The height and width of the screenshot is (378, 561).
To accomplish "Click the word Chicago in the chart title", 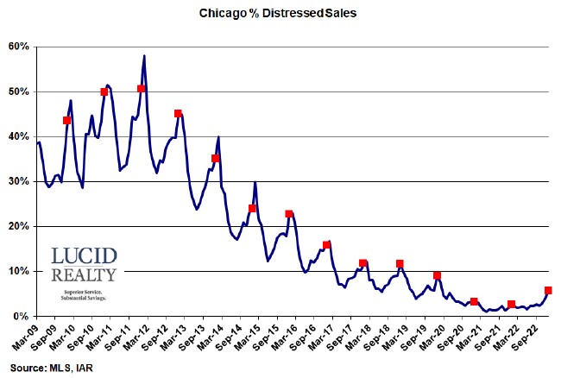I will (x=224, y=13).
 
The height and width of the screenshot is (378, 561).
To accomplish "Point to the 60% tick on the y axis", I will (x=19, y=47).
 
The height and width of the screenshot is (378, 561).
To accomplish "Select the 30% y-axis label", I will (x=19, y=181).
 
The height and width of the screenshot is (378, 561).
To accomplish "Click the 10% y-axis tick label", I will (x=19, y=271).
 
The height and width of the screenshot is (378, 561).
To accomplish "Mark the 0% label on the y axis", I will (x=22, y=316).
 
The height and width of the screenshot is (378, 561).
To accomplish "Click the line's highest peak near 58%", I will (x=144, y=56).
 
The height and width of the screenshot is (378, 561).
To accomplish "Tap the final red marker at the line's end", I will (x=548, y=291).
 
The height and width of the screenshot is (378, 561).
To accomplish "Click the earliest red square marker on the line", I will (x=66, y=120).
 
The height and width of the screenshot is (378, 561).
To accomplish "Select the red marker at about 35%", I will (x=215, y=158).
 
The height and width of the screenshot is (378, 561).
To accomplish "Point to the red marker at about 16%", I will (x=326, y=245).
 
